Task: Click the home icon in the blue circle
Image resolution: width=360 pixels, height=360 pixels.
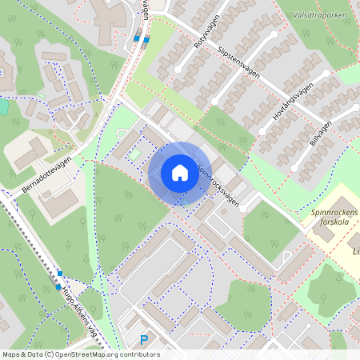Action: (x=179, y=173)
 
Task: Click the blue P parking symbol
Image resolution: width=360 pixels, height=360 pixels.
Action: (x=144, y=340)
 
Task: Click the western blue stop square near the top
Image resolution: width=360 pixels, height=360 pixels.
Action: (x=137, y=38)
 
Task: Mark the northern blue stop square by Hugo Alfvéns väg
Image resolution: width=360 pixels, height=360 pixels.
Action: (x=60, y=274)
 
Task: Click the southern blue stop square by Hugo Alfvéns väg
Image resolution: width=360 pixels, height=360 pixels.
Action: (x=58, y=287)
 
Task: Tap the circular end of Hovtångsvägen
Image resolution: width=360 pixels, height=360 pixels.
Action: (x=327, y=74)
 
